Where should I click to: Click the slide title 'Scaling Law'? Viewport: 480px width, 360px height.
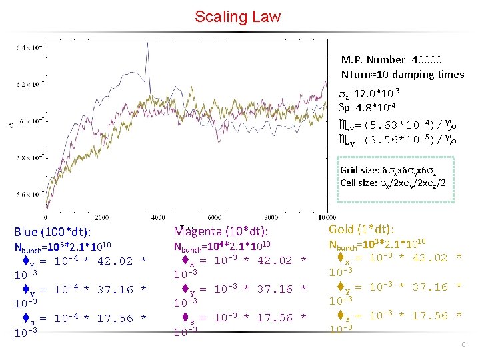coord(238,17)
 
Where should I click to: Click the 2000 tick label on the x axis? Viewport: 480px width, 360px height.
coord(103,217)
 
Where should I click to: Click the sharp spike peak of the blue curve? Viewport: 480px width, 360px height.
coord(146,45)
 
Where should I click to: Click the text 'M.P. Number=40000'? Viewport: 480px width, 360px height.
coord(391,60)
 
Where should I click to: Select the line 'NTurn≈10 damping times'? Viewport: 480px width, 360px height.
coord(402,74)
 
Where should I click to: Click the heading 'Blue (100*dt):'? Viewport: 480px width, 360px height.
coord(53,232)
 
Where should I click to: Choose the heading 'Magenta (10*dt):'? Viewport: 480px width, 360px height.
coord(221,231)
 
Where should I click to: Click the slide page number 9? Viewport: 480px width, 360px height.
coord(462,344)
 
